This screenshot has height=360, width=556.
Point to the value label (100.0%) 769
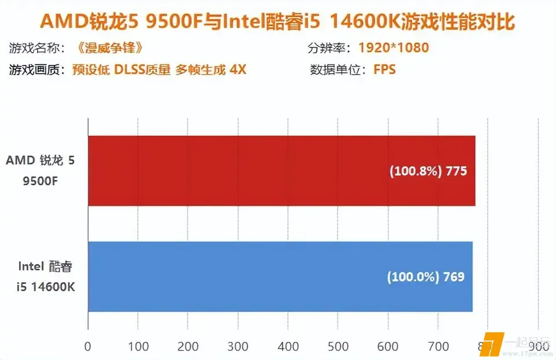426,277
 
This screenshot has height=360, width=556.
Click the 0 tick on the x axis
87,346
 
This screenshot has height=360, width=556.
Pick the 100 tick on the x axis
137,346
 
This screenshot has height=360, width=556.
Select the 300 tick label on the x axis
237,346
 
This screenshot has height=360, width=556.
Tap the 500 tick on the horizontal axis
338,346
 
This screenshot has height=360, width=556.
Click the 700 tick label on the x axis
438,346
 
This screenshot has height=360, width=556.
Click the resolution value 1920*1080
394,47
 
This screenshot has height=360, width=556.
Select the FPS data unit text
385,70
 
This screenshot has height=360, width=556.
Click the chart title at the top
277,22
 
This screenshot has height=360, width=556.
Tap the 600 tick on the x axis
388,346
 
